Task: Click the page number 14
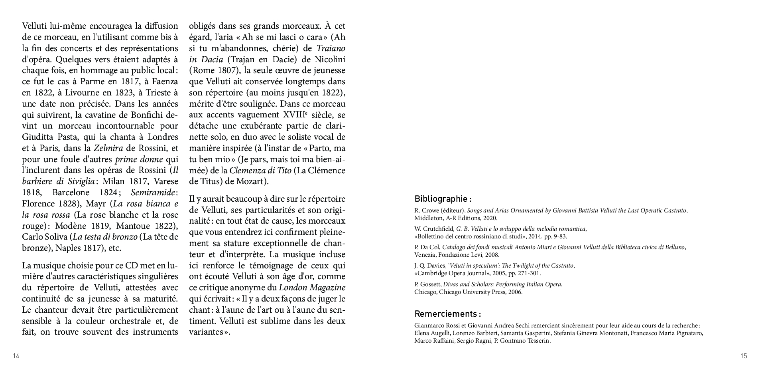[x=16, y=356]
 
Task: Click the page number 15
[x=744, y=356]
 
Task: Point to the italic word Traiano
[x=331, y=48]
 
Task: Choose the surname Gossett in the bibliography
[x=430, y=285]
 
